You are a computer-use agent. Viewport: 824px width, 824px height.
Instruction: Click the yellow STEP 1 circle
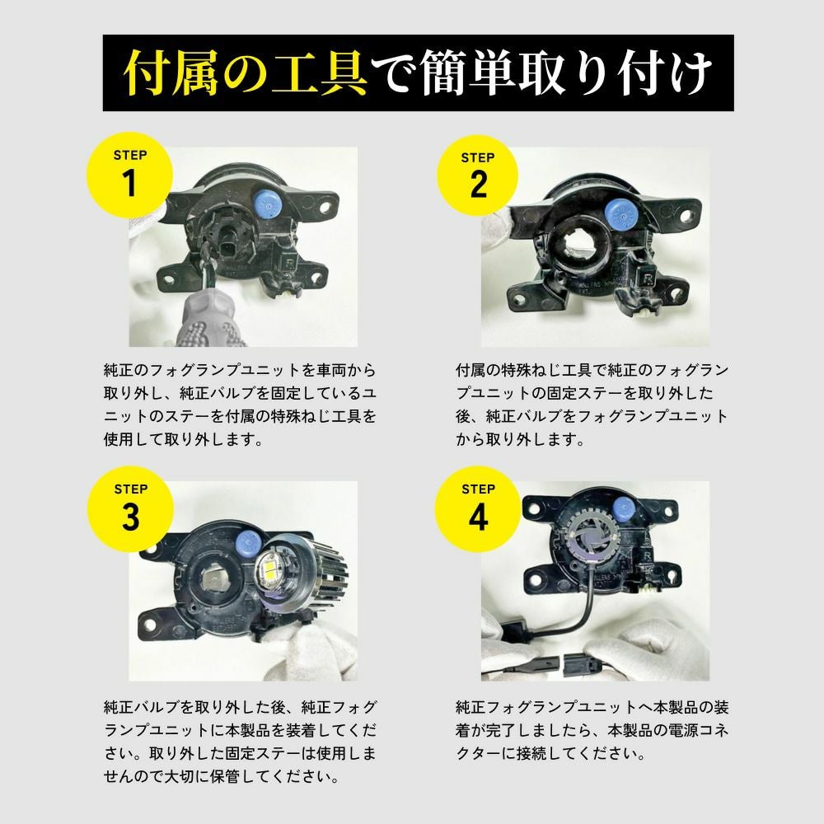click(130, 175)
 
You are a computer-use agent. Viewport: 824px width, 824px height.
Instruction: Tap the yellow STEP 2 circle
click(477, 176)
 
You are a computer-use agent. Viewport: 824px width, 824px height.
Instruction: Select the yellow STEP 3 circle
click(130, 508)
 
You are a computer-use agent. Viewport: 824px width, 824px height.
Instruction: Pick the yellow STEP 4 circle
click(478, 508)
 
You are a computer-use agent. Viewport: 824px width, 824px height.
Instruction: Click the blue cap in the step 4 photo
click(624, 508)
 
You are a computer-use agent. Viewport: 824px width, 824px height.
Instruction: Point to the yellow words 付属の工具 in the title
click(246, 73)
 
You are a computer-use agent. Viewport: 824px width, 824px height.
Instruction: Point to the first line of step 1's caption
click(240, 370)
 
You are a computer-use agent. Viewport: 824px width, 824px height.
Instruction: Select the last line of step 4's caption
click(550, 754)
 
